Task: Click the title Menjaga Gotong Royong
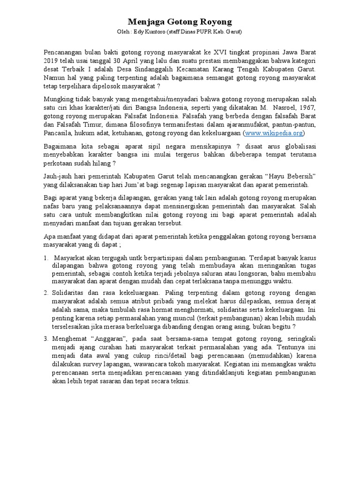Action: (x=180, y=22)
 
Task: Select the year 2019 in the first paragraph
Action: (x=52, y=60)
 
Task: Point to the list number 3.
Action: (x=46, y=338)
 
